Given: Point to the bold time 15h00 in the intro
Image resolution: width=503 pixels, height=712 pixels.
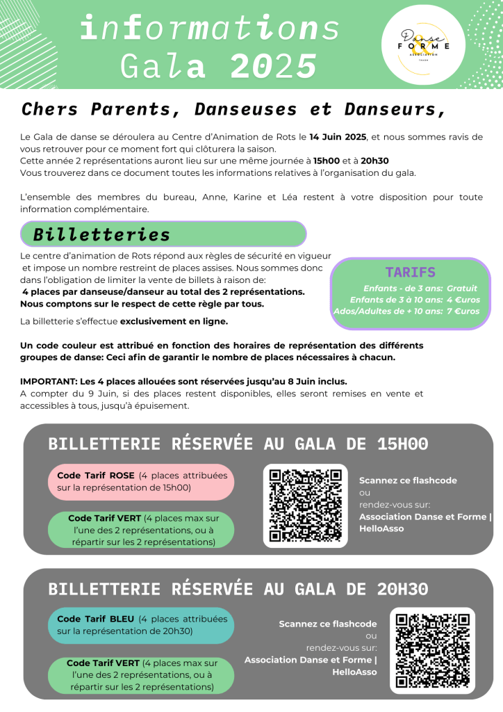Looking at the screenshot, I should pos(327,161).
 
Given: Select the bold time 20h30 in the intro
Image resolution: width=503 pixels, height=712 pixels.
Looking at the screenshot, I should pos(375,161).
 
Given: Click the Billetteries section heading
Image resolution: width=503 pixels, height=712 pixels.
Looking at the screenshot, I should pos(102,234).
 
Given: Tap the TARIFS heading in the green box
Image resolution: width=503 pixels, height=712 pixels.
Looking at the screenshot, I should pos(410,272).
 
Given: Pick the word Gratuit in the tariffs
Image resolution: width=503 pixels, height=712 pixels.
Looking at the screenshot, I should pos(462,288).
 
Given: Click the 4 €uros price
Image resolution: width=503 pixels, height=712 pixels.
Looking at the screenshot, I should pos(463,300).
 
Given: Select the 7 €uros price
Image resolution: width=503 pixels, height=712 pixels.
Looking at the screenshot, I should pos(463,311).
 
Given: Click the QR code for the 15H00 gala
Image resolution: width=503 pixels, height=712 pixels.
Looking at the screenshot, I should pos(305,505).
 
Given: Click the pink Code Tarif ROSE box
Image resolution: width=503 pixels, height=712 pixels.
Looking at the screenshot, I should pos(141,482).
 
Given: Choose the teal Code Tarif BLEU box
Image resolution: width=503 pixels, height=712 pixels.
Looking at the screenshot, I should pos(141,625).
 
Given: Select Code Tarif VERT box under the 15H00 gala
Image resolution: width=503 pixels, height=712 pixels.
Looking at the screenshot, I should pos(141,530).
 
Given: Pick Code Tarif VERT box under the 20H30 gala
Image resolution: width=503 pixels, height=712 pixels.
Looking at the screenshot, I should pos(141,674).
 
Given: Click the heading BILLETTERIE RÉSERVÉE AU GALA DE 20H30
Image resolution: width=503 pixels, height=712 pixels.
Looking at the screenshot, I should pos(238,589).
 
